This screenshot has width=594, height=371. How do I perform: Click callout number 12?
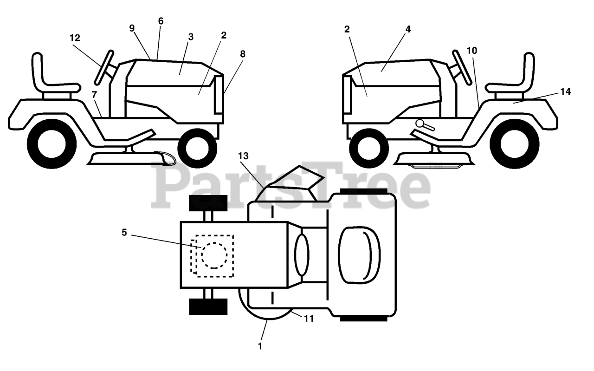click(x=75, y=38)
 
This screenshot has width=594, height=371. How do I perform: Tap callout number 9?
click(x=132, y=28)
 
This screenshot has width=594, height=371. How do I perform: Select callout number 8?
click(x=242, y=54)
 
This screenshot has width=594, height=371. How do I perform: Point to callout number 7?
click(x=94, y=94)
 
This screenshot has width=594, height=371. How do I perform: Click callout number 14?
click(x=565, y=91)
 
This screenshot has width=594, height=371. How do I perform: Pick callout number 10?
click(x=471, y=50)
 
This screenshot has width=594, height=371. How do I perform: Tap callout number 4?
click(x=408, y=29)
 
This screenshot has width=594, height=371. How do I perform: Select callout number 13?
click(x=244, y=156)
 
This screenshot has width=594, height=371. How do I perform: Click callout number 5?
click(x=124, y=232)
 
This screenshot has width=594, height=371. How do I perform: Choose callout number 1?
click(x=260, y=345)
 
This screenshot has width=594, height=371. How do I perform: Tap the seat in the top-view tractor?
click(x=359, y=255)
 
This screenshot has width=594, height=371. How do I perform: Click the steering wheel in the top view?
click(x=301, y=255)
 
